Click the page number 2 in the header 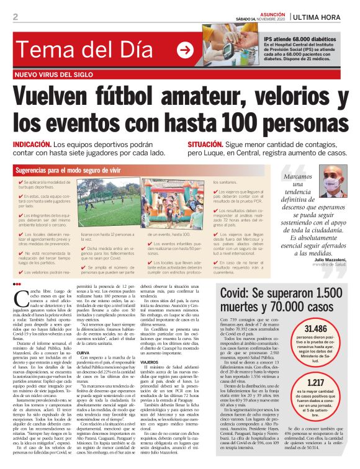pos(14,16)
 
